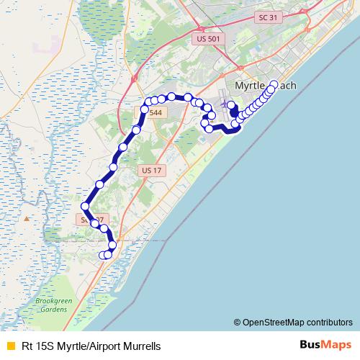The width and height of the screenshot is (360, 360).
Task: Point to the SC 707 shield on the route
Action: pyautogui.click(x=87, y=218)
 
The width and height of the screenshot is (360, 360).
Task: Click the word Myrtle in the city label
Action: pyautogui.click(x=251, y=86)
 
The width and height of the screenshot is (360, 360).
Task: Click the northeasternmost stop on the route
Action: pyautogui.click(x=274, y=84)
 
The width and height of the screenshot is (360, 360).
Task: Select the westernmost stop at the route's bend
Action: pyautogui.click(x=85, y=207)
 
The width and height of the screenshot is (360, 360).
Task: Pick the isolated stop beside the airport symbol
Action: pyautogui.click(x=231, y=105)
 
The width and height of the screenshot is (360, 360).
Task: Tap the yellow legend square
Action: pyautogui.click(x=9, y=346)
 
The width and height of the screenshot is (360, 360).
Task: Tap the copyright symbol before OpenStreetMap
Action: pyautogui.click(x=237, y=322)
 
